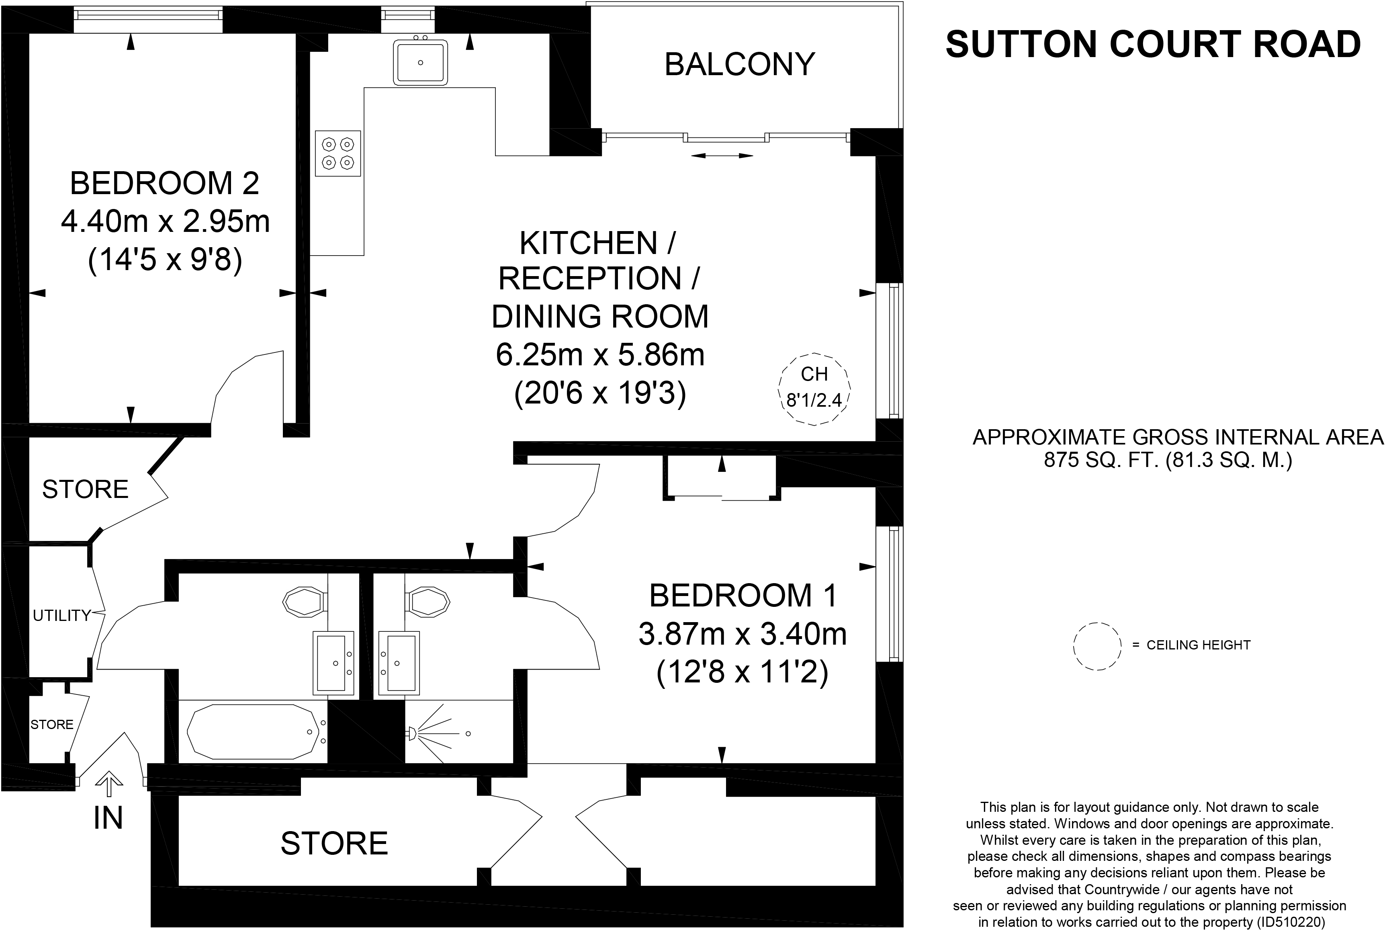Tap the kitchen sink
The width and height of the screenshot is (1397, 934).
[420, 62]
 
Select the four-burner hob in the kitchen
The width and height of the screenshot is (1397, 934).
[337, 153]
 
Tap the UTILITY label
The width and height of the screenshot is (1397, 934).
[61, 616]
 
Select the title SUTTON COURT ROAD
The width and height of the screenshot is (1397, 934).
[1153, 44]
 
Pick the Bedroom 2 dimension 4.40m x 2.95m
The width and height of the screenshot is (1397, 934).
[166, 221]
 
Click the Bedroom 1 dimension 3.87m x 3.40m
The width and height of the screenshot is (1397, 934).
[742, 634]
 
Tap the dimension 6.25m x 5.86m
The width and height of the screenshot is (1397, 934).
[600, 355]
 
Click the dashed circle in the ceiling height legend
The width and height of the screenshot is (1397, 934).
[1097, 647]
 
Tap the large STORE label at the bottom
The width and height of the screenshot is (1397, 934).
[334, 844]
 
